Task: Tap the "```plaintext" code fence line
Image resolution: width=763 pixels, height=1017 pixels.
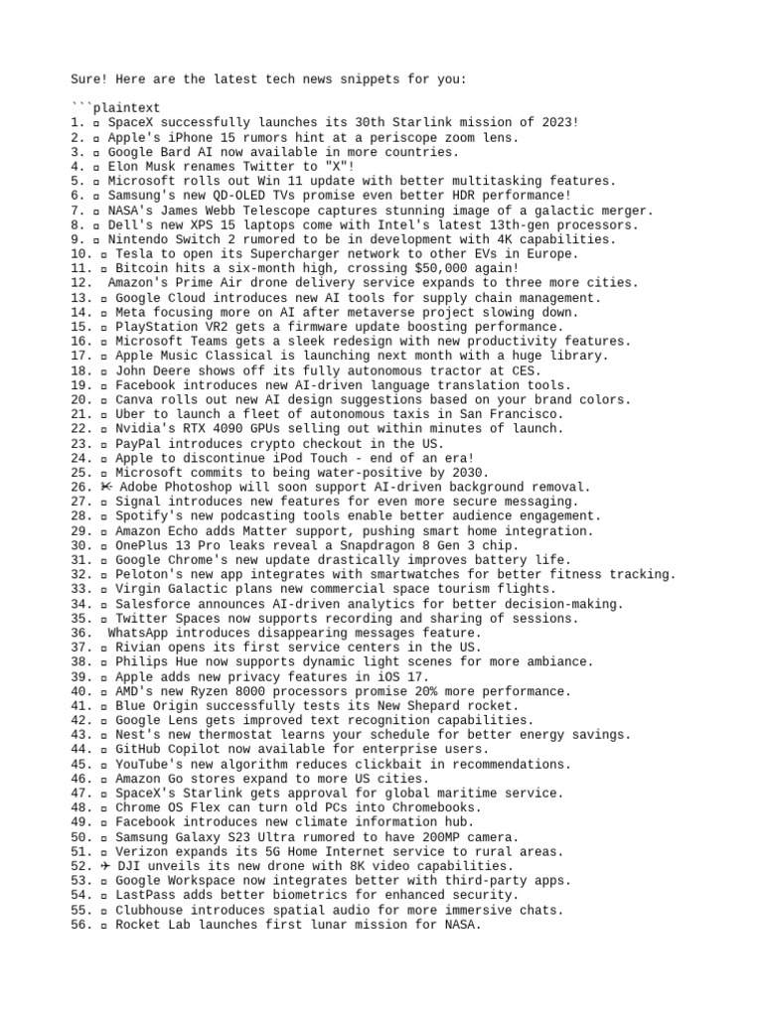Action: (x=115, y=107)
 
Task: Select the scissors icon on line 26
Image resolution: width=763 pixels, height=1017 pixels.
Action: (x=105, y=487)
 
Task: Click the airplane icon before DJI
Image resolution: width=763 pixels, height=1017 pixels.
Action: (x=105, y=866)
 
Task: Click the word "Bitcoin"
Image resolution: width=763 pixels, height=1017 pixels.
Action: (x=144, y=268)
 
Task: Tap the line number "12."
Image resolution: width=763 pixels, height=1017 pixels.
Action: (x=81, y=283)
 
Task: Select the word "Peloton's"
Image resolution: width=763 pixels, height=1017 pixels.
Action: (x=151, y=574)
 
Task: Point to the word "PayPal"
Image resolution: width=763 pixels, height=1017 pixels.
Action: (x=140, y=443)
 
